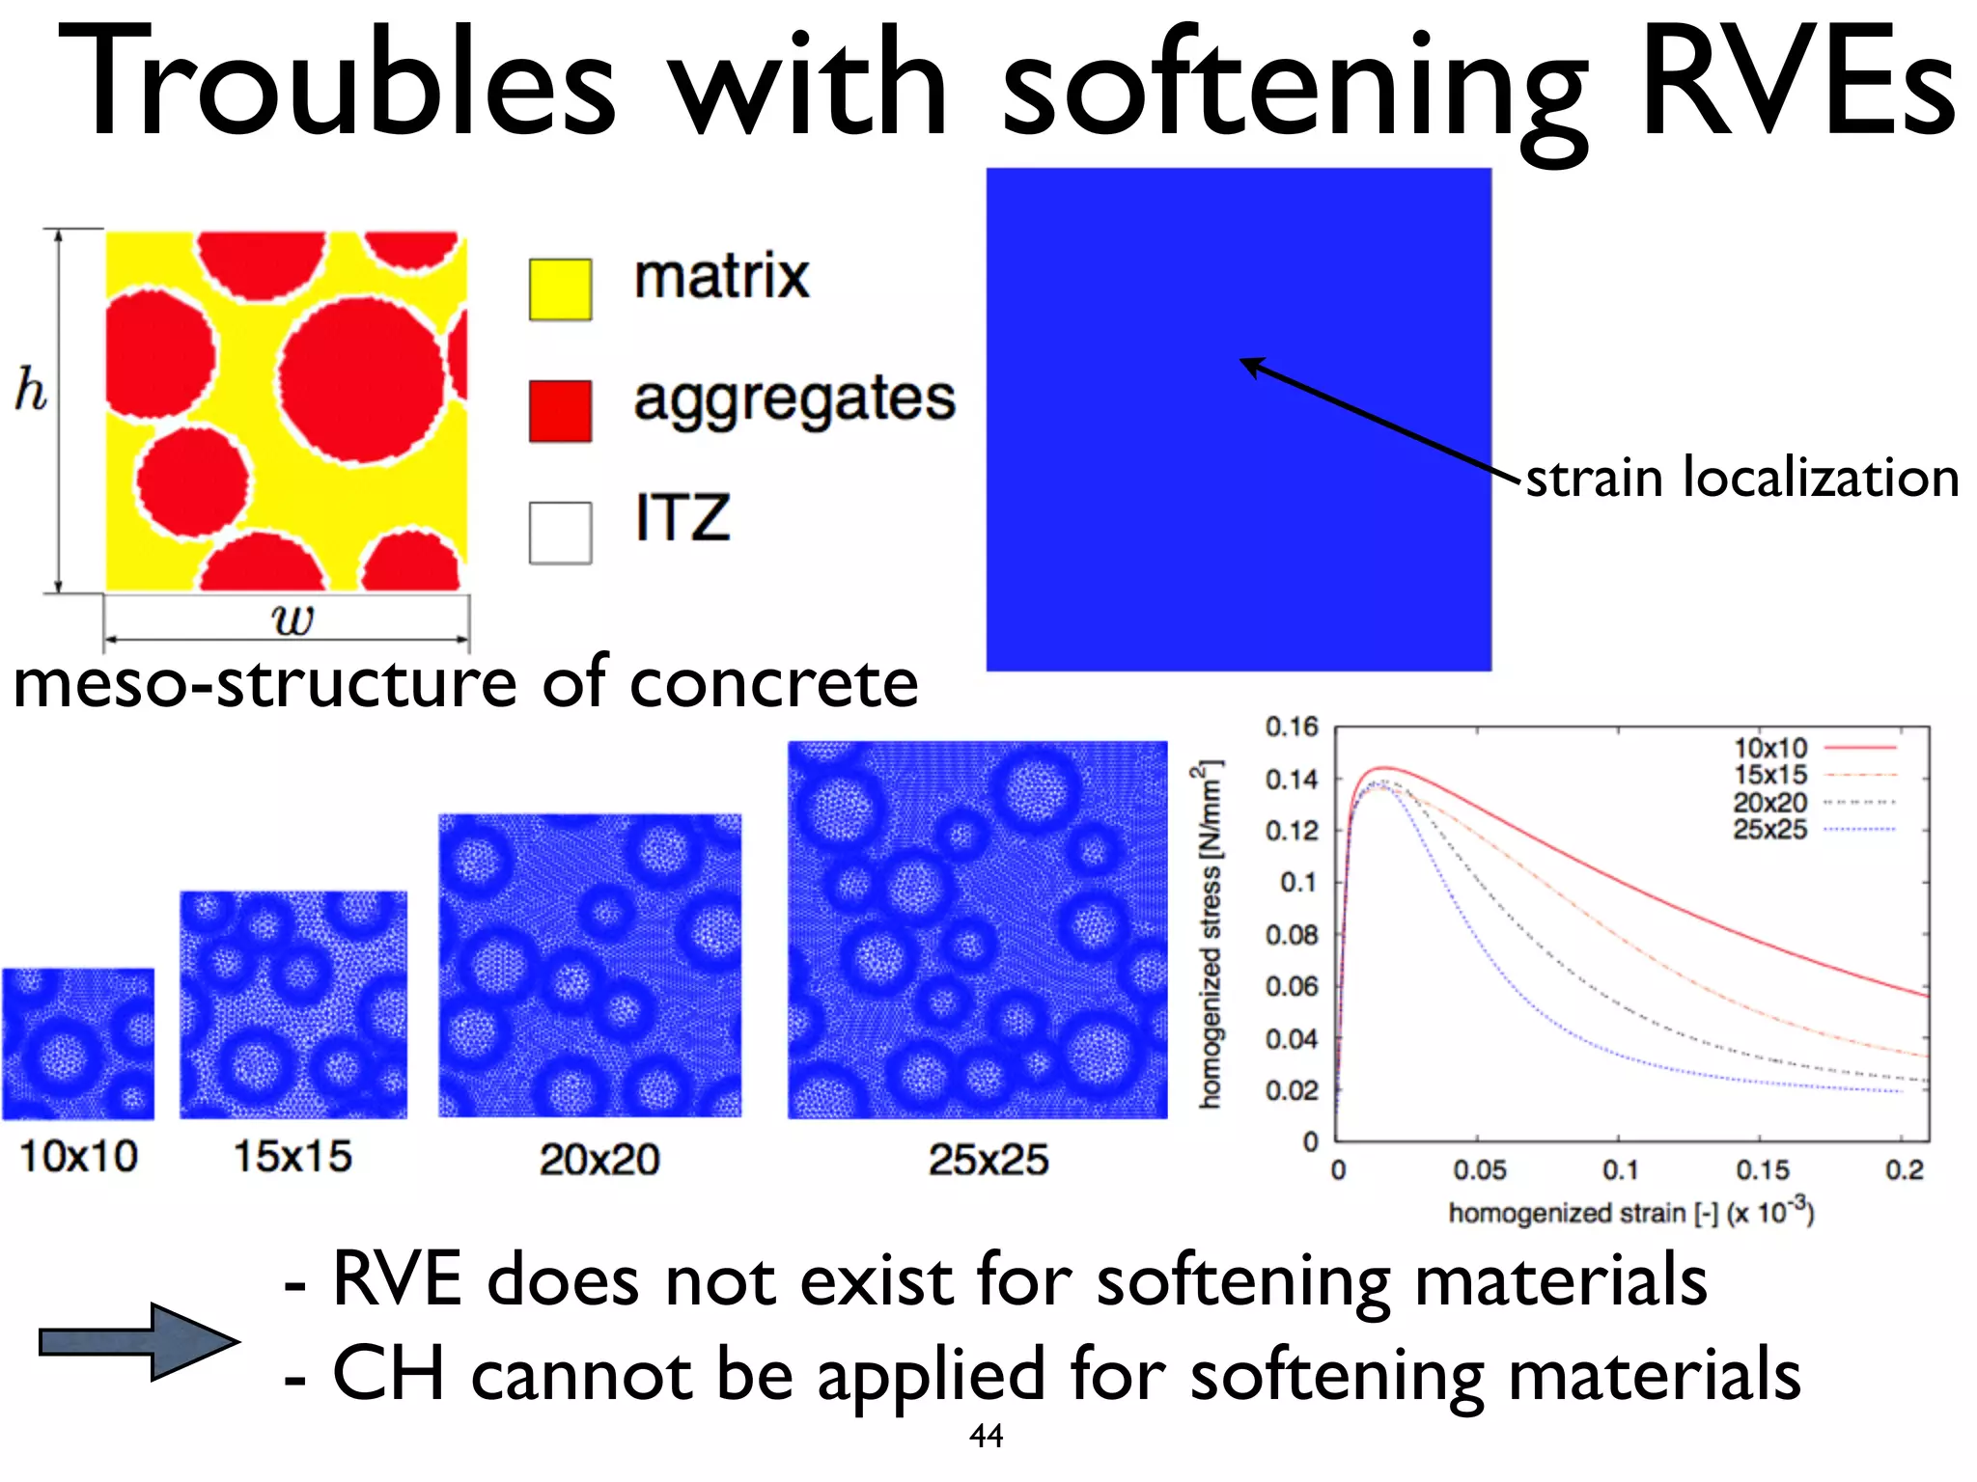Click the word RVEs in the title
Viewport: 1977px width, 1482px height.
tap(1797, 85)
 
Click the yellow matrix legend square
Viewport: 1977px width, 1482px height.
tap(560, 288)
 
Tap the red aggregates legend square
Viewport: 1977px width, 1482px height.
tap(560, 410)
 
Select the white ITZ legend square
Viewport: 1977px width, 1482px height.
tap(560, 533)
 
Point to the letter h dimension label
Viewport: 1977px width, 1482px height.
tap(31, 391)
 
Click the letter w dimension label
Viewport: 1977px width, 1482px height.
tap(292, 618)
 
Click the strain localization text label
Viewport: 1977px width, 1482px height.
tap(1741, 478)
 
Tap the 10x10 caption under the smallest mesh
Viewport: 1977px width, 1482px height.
tap(78, 1156)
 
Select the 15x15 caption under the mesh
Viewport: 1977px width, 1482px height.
tap(292, 1156)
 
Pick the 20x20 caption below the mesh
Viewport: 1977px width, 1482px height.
tap(599, 1159)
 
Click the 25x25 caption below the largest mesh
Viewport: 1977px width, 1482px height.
tap(988, 1159)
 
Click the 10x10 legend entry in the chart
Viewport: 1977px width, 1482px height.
tap(1770, 748)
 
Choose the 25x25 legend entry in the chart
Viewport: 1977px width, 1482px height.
tap(1770, 829)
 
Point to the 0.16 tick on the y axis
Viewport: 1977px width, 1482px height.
tap(1291, 727)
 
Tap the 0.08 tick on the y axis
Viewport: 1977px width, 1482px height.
tap(1291, 935)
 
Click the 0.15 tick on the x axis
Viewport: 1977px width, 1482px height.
tap(1763, 1170)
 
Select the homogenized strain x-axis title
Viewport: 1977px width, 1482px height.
tap(1630, 1212)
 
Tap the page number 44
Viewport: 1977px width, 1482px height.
tap(986, 1436)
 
